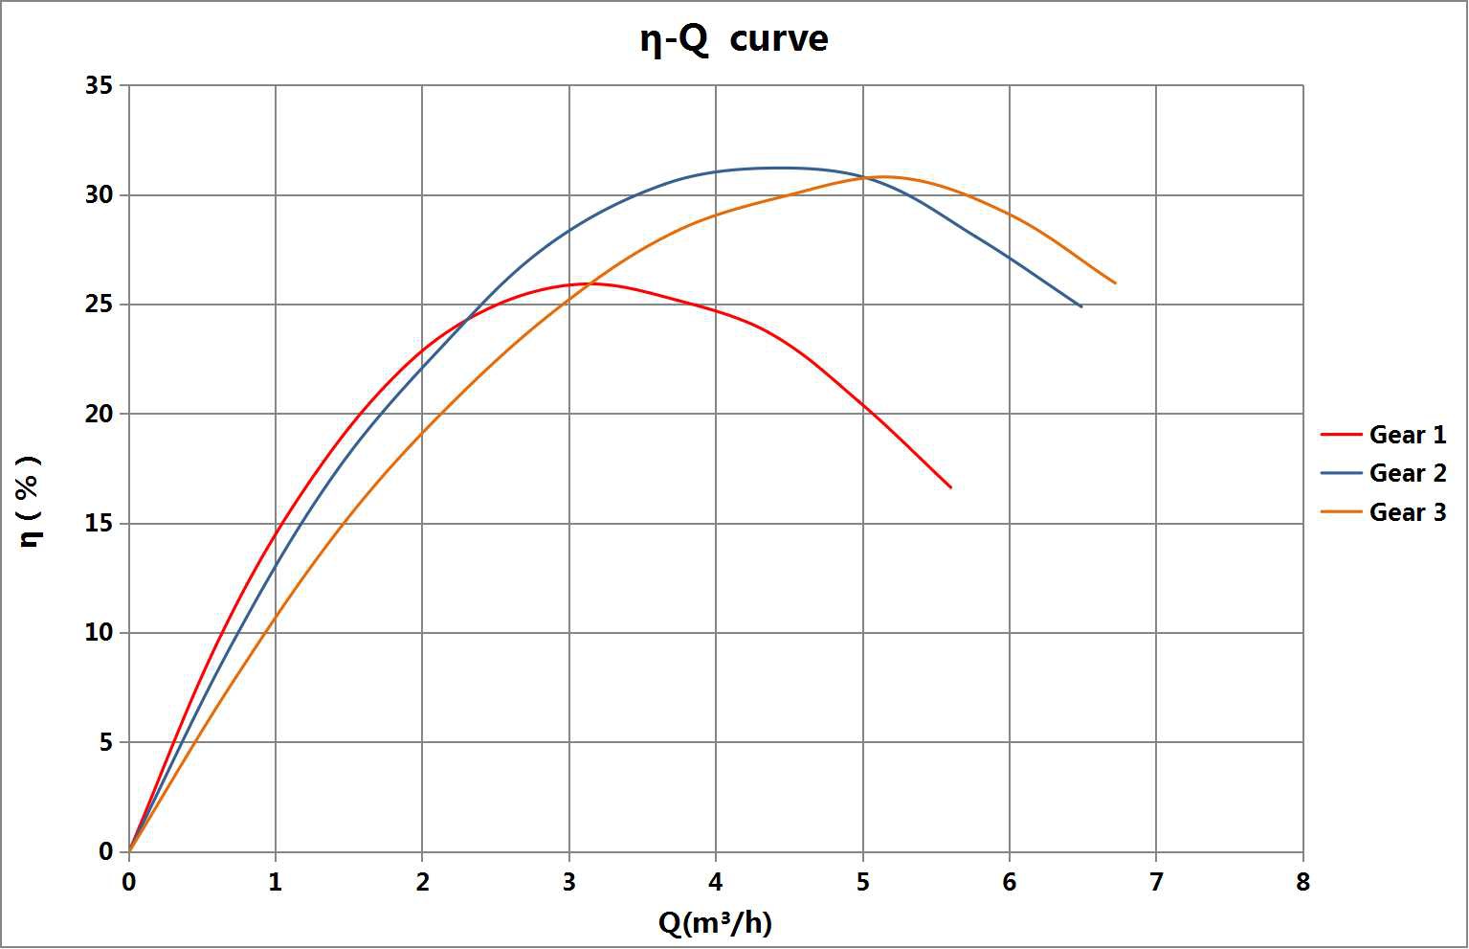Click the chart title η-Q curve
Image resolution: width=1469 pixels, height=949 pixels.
734,39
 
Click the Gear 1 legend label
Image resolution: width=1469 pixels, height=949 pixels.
1407,435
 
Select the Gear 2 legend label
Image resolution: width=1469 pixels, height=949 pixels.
1407,473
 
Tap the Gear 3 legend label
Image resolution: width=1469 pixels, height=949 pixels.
1407,512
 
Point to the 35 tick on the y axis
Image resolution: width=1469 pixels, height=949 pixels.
100,86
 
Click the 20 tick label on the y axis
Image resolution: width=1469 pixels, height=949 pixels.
100,415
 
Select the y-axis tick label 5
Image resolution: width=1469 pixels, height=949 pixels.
105,742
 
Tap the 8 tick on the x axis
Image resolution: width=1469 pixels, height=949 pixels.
1302,882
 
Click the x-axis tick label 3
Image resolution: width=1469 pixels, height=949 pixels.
569,882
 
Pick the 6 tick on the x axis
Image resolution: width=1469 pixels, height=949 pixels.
1010,882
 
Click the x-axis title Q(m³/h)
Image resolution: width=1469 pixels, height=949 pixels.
715,923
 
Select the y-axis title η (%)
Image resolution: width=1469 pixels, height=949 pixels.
31,500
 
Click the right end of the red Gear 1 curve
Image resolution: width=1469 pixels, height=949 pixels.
951,487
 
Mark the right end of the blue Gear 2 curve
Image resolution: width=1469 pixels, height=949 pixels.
1081,306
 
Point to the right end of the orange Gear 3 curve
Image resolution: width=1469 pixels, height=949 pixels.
1116,283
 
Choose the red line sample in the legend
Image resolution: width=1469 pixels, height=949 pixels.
1341,435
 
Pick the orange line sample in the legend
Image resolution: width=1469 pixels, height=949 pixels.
1341,512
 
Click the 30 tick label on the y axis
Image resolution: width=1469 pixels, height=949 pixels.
100,195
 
